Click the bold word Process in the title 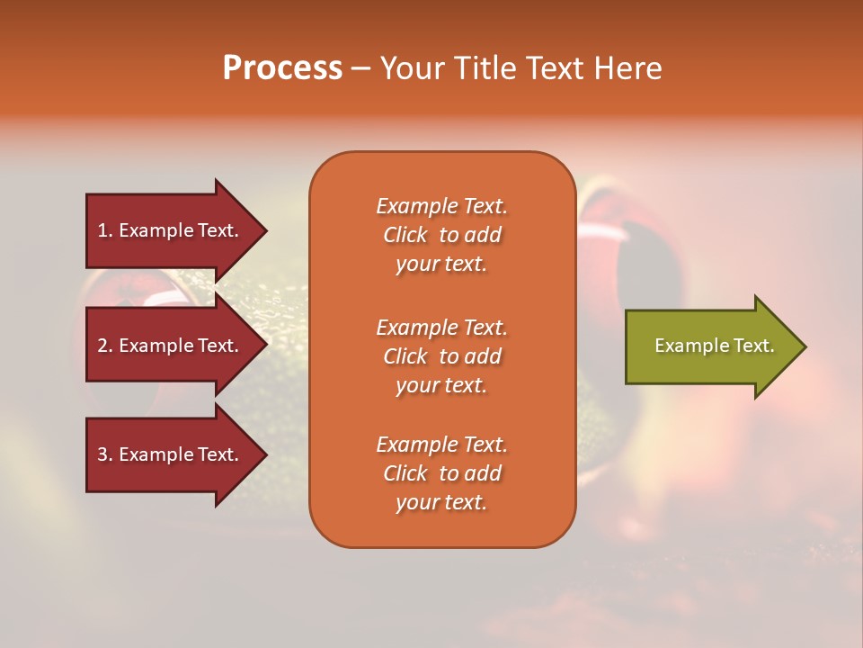[282, 68]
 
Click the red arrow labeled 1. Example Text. [171, 231]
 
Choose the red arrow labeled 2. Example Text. [171, 346]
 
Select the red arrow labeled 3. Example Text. [171, 454]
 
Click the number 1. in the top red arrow [105, 231]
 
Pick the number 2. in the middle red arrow [105, 346]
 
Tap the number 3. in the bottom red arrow [105, 454]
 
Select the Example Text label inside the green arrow [714, 346]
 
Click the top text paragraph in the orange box [441, 235]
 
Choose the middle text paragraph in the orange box [441, 356]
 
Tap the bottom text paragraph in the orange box [441, 473]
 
